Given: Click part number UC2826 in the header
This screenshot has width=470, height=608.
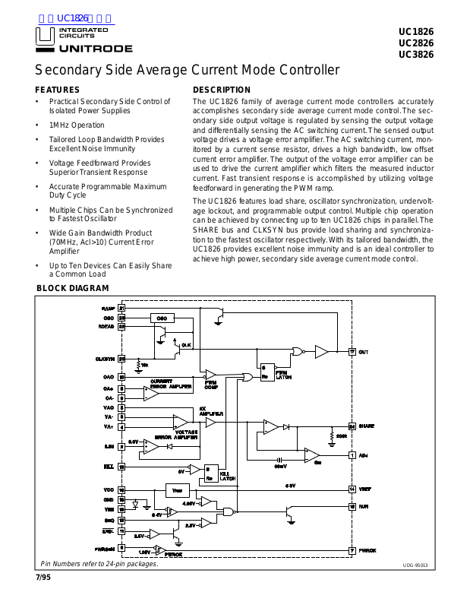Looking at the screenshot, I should coord(415,43).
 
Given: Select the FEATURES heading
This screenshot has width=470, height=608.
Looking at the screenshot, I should coord(58,90).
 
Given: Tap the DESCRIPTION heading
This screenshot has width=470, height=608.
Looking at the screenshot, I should coord(222,90).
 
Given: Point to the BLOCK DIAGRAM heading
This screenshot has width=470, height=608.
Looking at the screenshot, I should coord(73,288).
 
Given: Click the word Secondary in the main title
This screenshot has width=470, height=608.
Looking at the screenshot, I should coord(68,70).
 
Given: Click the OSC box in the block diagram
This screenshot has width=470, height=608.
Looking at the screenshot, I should coord(161,318).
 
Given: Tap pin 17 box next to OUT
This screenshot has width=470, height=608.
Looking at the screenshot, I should coord(352,352).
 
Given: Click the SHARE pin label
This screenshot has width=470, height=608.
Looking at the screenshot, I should coord(367,426).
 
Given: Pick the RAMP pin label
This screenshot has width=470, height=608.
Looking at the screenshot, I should coord(108,308).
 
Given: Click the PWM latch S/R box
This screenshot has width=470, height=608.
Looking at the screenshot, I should coord(267,372).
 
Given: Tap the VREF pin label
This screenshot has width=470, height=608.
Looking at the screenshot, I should coord(366,489).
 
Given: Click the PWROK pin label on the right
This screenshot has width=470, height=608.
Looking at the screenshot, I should coord(367,549).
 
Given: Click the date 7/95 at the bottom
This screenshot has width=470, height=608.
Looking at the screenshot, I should coord(43,579).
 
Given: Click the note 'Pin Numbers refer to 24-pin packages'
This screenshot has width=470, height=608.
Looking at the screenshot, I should coord(99,564).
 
